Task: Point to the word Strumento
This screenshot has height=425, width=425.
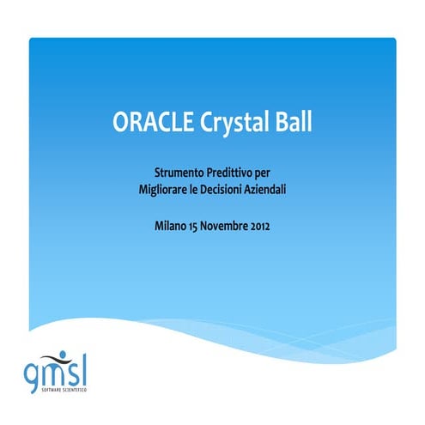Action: [x=179, y=172]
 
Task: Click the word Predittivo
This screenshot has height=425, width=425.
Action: [x=230, y=172]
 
